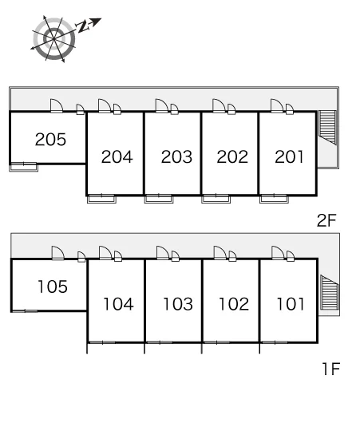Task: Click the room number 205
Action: [x=50, y=140]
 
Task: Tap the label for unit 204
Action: [x=117, y=157]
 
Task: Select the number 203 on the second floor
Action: [x=176, y=157]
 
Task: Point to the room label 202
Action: [x=232, y=157]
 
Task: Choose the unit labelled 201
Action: [x=289, y=157]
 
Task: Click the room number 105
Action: [x=53, y=287]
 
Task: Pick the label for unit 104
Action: [x=118, y=304]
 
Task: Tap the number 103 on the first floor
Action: [x=178, y=304]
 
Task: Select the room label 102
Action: [x=234, y=304]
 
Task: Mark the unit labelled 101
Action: [x=291, y=304]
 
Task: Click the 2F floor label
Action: [x=326, y=220]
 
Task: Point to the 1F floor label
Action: [x=330, y=369]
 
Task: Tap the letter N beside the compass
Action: [x=82, y=27]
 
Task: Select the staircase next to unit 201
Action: [x=327, y=128]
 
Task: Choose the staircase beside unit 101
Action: [x=329, y=292]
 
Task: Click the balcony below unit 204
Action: [x=101, y=199]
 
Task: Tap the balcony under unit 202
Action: [x=216, y=199]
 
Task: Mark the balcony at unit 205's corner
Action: [x=23, y=168]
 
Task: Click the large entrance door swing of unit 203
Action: [x=162, y=105]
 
